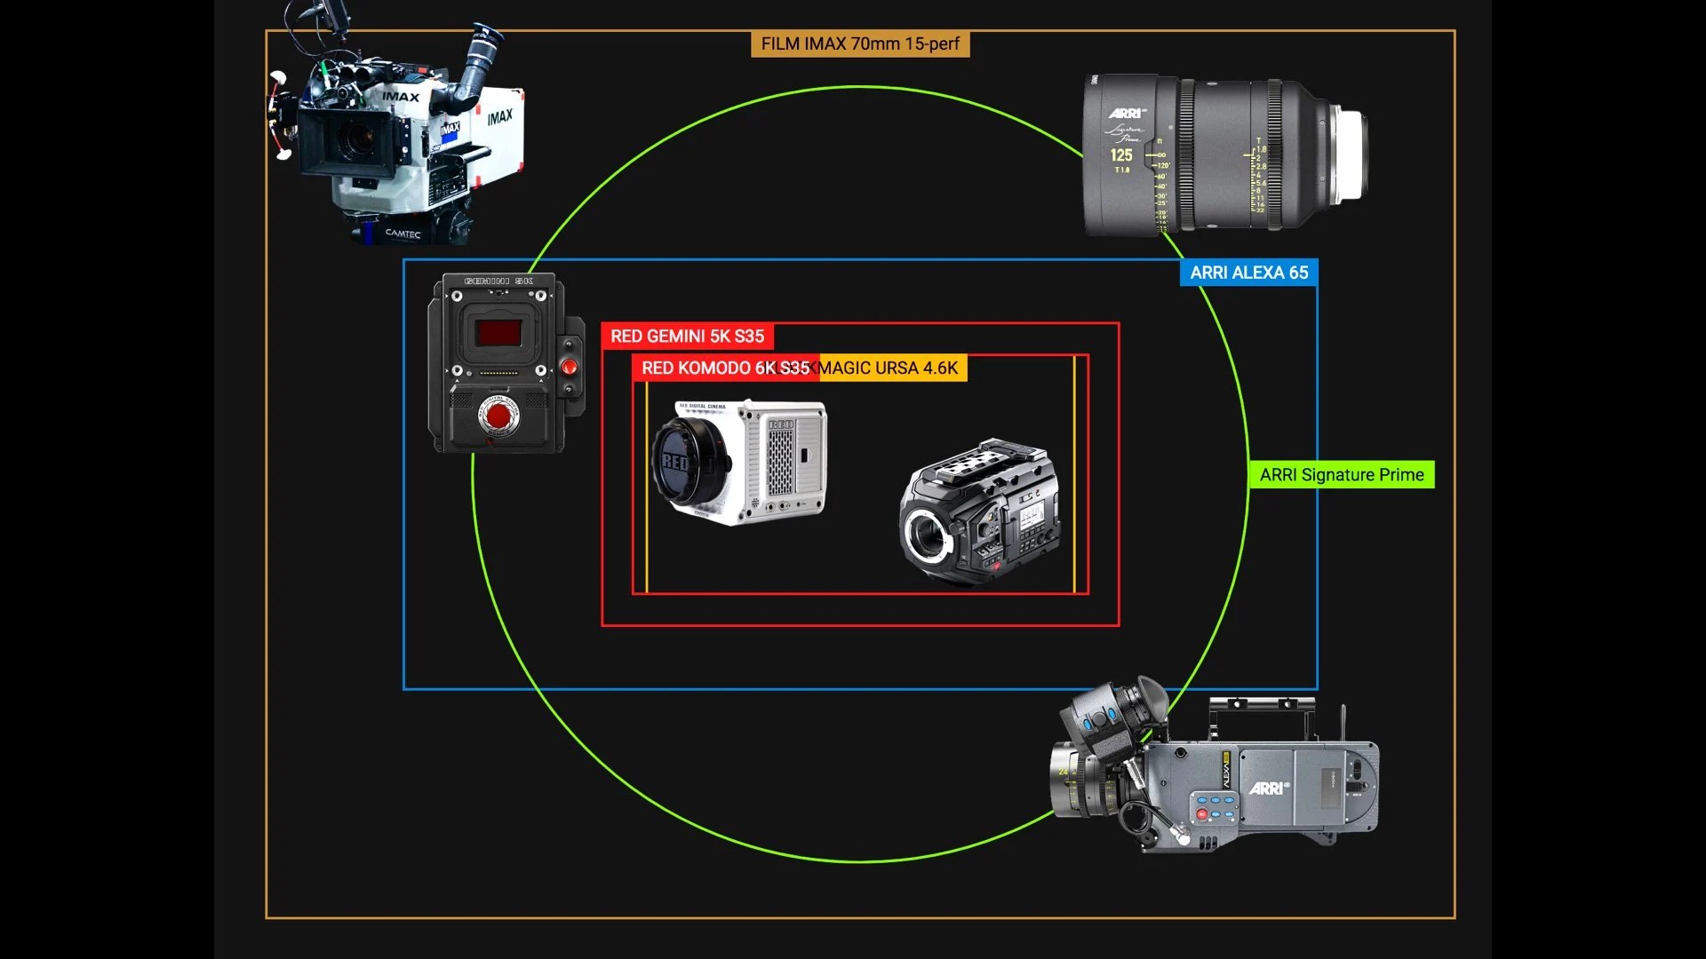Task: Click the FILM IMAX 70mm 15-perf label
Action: [859, 44]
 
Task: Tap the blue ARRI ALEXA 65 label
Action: [1248, 273]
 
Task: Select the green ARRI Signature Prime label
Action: [1341, 475]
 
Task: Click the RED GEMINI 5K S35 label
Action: [687, 337]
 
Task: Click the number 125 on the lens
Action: [1120, 155]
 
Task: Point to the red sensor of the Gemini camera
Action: [498, 333]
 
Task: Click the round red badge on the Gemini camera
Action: [498, 416]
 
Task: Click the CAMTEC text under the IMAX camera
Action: [403, 234]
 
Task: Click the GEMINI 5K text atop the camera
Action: [498, 281]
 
